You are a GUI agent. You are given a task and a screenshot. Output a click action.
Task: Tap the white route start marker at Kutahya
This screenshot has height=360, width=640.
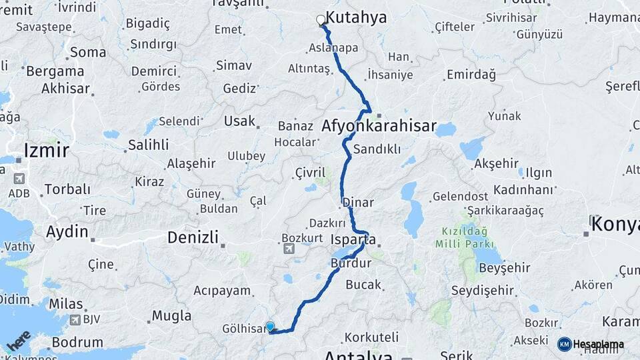pyautogui.click(x=321, y=21)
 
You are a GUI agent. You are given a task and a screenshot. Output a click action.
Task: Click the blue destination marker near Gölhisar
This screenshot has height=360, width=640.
pyautogui.click(x=270, y=327)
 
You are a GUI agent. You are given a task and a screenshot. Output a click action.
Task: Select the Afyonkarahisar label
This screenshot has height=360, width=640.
pyautogui.click(x=379, y=125)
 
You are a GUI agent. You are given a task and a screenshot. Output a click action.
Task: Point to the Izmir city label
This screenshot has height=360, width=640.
pyautogui.click(x=46, y=150)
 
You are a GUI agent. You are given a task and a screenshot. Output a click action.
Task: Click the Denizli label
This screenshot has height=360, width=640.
pyautogui.click(x=193, y=237)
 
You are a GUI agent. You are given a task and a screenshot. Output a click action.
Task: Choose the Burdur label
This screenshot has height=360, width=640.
pyautogui.click(x=350, y=263)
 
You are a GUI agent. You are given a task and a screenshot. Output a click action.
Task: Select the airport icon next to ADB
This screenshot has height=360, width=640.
pyautogui.click(x=18, y=179)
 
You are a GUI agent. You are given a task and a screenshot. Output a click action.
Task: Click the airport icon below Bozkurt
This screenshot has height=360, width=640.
pyautogui.click(x=289, y=249)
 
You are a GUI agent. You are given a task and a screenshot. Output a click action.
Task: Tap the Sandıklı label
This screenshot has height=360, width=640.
pyautogui.click(x=377, y=149)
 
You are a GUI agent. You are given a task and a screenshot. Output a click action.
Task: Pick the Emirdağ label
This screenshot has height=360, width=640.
pyautogui.click(x=471, y=75)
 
